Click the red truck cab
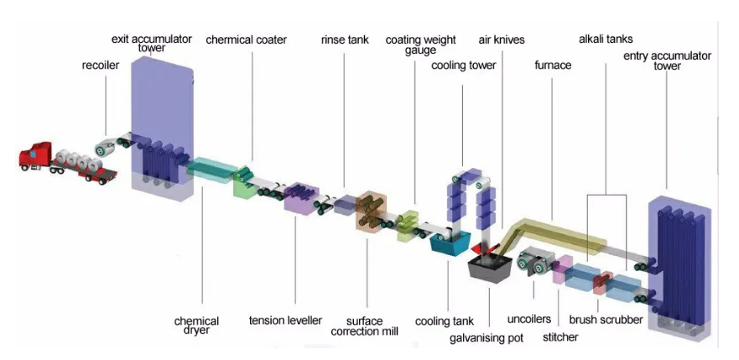[x=34, y=157]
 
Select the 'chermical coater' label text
[x=246, y=39]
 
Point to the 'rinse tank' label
[x=345, y=39]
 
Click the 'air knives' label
[x=502, y=39]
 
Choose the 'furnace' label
[x=553, y=65]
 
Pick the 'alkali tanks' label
[x=606, y=39]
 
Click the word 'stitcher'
[x=560, y=338]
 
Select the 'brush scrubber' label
[x=606, y=320]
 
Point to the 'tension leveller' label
[x=285, y=321]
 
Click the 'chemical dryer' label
[x=197, y=326]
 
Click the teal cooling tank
[x=450, y=243]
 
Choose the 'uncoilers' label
[x=528, y=320]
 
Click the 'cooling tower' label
[x=463, y=65]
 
